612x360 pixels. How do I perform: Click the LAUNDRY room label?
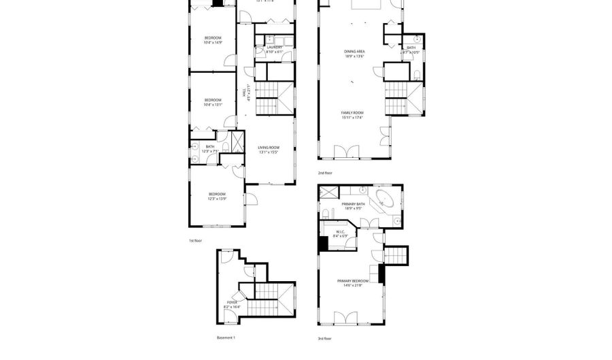[265, 47]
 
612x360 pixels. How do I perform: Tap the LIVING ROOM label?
[269, 148]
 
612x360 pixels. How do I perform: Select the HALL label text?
[244, 93]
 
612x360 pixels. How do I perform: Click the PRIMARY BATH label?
[354, 203]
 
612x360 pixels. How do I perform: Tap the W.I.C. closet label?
[341, 231]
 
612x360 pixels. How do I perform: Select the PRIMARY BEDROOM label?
[352, 280]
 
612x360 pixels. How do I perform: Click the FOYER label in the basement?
[232, 302]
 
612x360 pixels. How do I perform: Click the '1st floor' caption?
[196, 240]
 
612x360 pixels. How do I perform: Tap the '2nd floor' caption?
[325, 173]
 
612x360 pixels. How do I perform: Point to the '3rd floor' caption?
[324, 338]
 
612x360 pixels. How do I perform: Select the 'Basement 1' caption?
[226, 338]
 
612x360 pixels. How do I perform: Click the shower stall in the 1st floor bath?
[238, 141]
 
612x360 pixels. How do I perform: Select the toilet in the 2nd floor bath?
[415, 74]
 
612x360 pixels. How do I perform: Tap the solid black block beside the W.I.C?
[323, 243]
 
